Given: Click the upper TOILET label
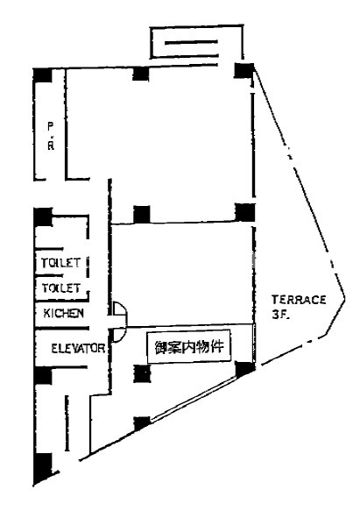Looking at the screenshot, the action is coord(60,263).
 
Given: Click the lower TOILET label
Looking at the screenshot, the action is coord(61,288).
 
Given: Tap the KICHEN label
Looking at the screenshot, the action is coord(63,313).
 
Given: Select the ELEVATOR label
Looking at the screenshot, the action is coord(78,349).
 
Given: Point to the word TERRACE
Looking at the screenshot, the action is coord(299,300).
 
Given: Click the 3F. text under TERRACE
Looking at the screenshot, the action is coord(281,315).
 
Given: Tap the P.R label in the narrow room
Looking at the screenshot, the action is coord(51,136).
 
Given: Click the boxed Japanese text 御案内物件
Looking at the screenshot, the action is coord(189,347).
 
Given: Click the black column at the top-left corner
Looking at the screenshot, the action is coord(43,75).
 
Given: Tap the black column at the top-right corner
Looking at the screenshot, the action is coord(244,70).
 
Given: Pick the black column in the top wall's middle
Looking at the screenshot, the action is coord(141,74).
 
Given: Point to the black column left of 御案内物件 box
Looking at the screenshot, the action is coord(142,373).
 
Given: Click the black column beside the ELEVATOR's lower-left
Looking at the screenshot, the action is coord(43,376).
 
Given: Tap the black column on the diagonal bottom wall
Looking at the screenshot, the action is coord(142,423).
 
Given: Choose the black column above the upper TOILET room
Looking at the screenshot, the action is coord(43,216).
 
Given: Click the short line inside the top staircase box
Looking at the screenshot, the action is coord(191,42).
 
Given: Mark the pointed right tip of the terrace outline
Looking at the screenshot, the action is coord(345,298).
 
